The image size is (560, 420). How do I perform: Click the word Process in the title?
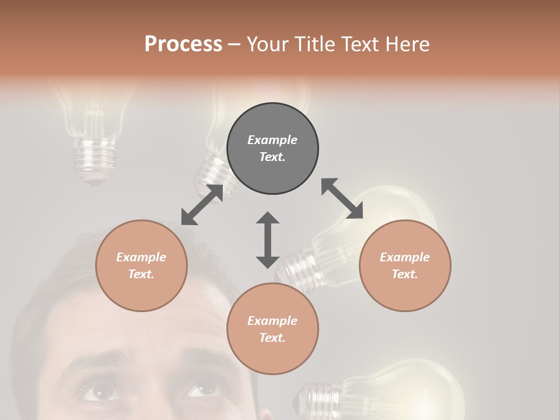[x=183, y=44]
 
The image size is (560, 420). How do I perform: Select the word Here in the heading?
[x=407, y=44]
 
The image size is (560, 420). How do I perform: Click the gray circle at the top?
[x=272, y=149]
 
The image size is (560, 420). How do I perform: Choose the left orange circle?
[x=141, y=265]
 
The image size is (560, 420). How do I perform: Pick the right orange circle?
[x=405, y=265]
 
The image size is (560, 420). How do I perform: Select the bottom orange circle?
[x=272, y=329]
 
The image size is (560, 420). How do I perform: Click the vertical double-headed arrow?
[x=268, y=240]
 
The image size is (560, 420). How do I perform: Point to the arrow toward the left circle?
[x=202, y=205]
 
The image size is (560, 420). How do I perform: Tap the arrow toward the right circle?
[x=342, y=198]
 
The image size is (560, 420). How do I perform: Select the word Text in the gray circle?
[x=272, y=157]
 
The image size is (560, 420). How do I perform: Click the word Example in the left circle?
[x=141, y=257]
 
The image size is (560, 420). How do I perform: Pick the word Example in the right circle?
[x=405, y=257]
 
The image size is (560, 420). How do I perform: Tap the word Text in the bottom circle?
[x=272, y=338]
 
